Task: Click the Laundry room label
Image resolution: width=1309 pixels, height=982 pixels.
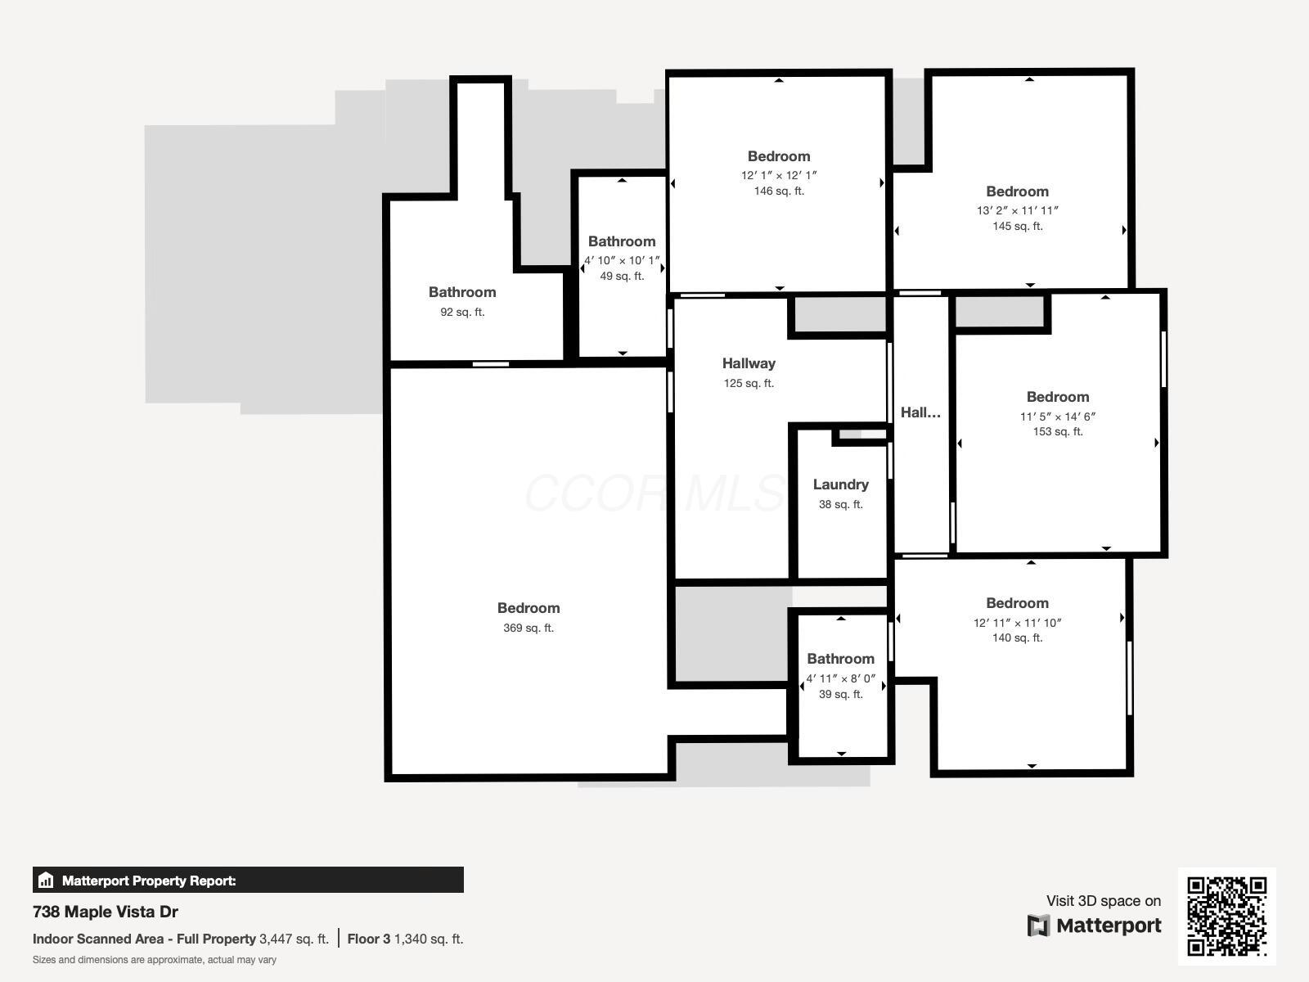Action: click(x=840, y=484)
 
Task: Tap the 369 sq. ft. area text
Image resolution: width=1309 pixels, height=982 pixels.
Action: click(x=529, y=628)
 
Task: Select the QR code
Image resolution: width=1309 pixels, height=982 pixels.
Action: click(x=1226, y=916)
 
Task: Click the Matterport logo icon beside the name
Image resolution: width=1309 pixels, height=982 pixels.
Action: click(x=1038, y=926)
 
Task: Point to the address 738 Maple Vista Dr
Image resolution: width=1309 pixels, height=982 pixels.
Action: click(x=106, y=912)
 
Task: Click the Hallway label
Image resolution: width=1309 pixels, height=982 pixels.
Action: click(x=749, y=363)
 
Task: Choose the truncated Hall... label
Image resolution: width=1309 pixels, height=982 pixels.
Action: click(x=920, y=412)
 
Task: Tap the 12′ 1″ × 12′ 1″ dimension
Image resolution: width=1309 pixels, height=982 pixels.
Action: click(x=779, y=175)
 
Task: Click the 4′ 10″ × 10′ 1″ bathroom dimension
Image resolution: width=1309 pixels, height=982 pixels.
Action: click(x=622, y=260)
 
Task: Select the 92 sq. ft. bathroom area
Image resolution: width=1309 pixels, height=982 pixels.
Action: click(x=462, y=312)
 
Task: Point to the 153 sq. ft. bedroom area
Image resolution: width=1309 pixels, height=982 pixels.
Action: click(x=1058, y=431)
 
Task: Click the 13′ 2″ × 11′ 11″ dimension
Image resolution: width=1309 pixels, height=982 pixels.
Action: click(x=1017, y=210)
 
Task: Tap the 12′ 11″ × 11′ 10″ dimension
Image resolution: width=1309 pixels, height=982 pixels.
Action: click(x=1017, y=623)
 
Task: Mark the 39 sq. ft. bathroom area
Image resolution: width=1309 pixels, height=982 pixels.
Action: click(x=840, y=694)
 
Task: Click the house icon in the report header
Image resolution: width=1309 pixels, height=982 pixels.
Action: click(x=46, y=881)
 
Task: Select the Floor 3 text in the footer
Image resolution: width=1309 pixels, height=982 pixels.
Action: click(x=368, y=939)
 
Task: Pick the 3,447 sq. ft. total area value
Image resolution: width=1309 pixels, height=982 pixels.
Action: click(x=294, y=939)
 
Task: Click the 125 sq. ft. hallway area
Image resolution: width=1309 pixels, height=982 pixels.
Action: click(x=749, y=383)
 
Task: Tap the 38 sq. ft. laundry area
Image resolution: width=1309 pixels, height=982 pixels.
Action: click(x=840, y=504)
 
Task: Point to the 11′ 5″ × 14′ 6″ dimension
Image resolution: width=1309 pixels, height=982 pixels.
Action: click(x=1058, y=417)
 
